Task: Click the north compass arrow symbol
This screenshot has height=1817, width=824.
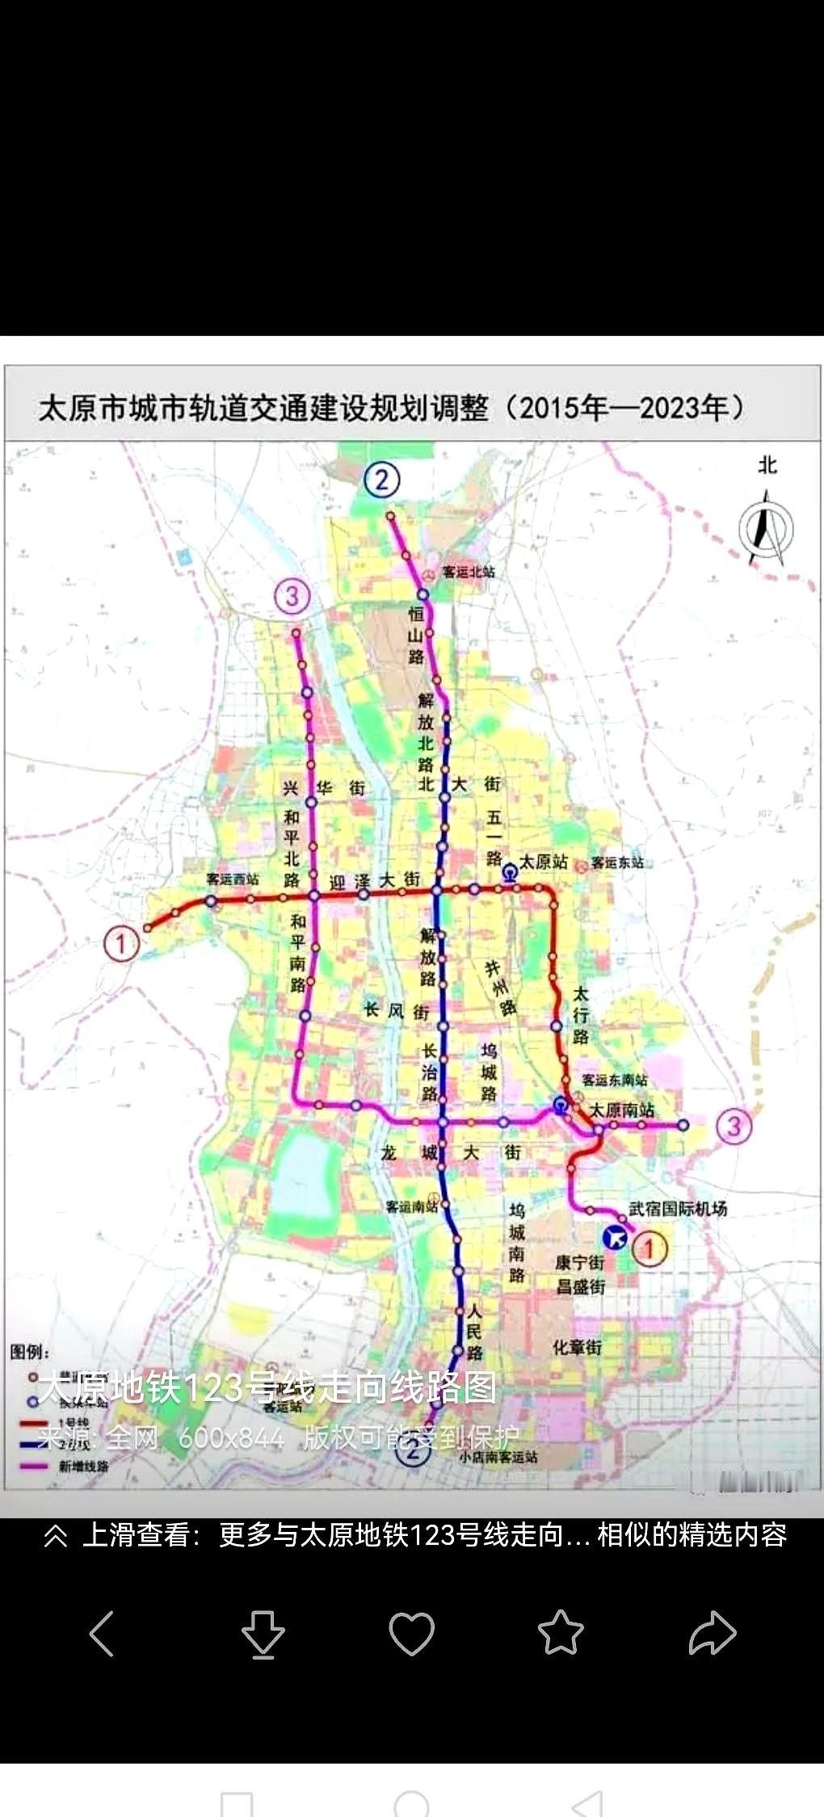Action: point(766,529)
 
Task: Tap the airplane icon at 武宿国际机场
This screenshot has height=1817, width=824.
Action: point(616,1236)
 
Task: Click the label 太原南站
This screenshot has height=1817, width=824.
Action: point(621,1110)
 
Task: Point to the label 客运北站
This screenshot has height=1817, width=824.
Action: point(468,572)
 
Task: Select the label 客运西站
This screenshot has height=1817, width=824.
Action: point(232,879)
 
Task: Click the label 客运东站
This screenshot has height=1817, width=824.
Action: point(617,862)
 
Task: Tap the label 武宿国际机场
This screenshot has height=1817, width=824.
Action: point(678,1208)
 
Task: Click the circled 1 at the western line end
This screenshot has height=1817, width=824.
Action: point(121,942)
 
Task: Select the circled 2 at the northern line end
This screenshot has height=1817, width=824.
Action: point(381,480)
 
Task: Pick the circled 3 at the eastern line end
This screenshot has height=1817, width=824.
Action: point(734,1125)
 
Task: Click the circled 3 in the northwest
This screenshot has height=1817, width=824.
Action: point(292,596)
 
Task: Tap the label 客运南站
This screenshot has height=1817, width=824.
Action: point(411,1206)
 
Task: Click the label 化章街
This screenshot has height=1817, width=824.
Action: point(577,1346)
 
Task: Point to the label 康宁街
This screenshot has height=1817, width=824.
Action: point(579,1262)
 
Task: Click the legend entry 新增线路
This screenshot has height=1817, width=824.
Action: point(83,1466)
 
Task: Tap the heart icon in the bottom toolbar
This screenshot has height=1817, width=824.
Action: point(411,1632)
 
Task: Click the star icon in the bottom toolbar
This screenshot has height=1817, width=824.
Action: point(561,1632)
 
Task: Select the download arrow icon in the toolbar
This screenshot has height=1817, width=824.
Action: point(263,1634)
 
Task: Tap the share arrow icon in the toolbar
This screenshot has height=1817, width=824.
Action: point(712,1632)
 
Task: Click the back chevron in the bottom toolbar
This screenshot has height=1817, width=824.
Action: point(102,1634)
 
